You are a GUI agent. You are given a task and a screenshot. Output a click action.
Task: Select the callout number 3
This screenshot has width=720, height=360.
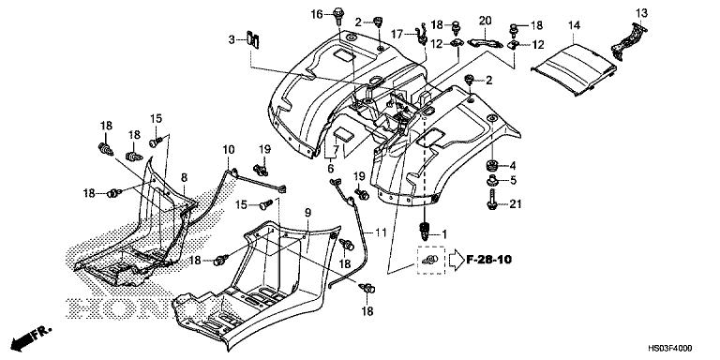tap(231, 40)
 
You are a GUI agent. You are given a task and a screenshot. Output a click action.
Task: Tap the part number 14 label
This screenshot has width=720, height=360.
tap(574, 23)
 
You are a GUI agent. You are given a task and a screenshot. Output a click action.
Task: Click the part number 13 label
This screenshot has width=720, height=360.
tap(641, 12)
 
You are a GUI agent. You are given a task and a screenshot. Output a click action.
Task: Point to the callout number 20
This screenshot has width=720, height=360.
tap(485, 21)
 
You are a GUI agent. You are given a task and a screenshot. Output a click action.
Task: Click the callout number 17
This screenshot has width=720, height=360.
tap(397, 34)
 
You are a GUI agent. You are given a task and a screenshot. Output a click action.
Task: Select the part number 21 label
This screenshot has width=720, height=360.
tap(515, 203)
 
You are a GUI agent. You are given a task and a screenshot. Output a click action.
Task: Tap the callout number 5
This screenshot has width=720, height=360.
tap(515, 181)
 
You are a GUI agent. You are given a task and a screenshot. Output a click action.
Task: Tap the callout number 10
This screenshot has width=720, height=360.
tap(228, 150)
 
